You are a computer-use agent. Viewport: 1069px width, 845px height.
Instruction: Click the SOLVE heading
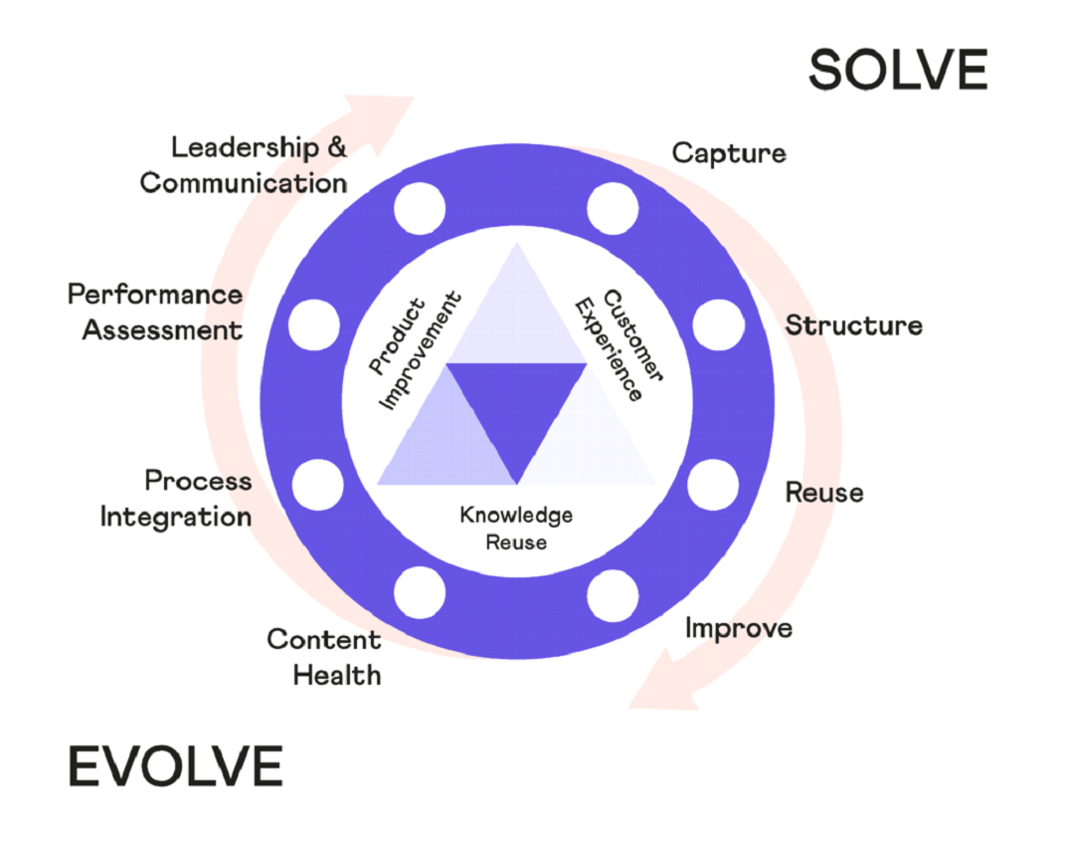[x=898, y=70]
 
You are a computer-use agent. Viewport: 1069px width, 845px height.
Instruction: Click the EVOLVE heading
[x=175, y=765]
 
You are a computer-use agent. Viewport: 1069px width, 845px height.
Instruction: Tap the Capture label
[x=729, y=153]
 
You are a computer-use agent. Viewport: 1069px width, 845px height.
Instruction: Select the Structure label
[x=853, y=324]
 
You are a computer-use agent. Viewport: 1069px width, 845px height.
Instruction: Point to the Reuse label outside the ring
[x=824, y=492]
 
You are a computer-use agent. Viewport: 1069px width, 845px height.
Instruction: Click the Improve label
[x=738, y=628]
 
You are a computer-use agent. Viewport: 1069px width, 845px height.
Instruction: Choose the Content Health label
[x=324, y=657]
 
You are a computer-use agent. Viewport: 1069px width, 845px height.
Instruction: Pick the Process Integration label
[x=176, y=499]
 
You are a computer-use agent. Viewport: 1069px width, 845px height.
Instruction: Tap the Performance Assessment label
[x=155, y=312]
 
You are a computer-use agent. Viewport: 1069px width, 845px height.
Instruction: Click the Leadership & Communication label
[x=244, y=164]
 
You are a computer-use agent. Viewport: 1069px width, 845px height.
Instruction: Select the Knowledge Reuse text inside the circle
[x=516, y=528]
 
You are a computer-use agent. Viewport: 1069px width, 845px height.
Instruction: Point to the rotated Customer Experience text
[x=619, y=345]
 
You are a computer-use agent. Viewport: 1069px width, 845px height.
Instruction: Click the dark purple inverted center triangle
[x=517, y=403]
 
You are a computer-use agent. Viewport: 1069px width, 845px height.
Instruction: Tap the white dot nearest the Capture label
[x=613, y=208]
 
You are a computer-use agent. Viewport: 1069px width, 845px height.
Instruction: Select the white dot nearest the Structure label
[x=719, y=324]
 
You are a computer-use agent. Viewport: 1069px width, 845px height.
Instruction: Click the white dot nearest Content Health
[x=420, y=592]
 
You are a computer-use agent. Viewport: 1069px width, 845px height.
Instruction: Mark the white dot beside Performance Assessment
[x=313, y=324]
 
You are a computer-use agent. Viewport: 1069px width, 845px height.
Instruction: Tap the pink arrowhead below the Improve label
[x=662, y=683]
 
